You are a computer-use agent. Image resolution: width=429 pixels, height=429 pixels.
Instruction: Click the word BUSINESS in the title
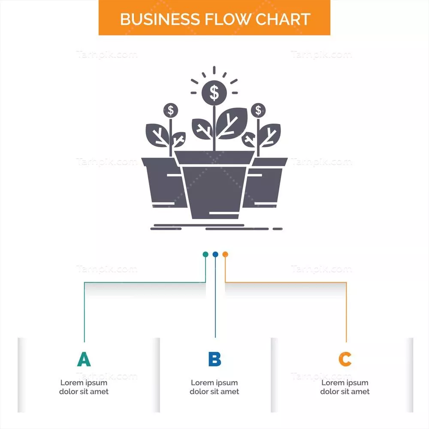pyautogui.click(x=154, y=19)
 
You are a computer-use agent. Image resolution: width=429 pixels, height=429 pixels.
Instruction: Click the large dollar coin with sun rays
pyautogui.click(x=214, y=91)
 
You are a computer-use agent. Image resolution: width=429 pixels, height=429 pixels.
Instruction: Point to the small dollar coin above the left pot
pyautogui.click(x=171, y=110)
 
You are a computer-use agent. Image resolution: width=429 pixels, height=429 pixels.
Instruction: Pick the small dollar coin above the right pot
pyautogui.click(x=258, y=110)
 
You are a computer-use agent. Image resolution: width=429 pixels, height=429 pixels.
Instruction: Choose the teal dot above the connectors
pyautogui.click(x=205, y=254)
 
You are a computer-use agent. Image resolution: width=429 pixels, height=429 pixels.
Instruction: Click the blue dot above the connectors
pyautogui.click(x=215, y=254)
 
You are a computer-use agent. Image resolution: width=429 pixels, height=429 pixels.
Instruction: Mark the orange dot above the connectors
pyautogui.click(x=225, y=254)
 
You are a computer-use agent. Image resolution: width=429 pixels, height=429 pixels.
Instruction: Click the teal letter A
pyautogui.click(x=84, y=359)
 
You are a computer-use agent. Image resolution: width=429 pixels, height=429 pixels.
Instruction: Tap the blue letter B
pyautogui.click(x=214, y=359)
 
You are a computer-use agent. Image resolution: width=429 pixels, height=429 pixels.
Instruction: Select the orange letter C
pyautogui.click(x=345, y=359)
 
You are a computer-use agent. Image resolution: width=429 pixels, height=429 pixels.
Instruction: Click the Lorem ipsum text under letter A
pyautogui.click(x=84, y=387)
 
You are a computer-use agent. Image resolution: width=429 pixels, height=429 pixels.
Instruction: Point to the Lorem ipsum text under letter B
pyautogui.click(x=214, y=387)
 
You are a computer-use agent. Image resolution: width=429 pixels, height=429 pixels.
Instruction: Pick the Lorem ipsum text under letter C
pyautogui.click(x=345, y=387)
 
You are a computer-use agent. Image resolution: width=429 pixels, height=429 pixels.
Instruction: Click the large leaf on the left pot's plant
pyautogui.click(x=157, y=135)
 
